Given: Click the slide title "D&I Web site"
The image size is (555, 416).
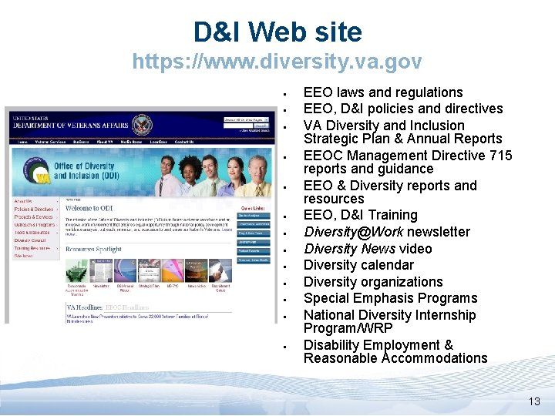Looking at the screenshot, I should click(x=277, y=32).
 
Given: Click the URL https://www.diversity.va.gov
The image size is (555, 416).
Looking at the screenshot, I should click(x=277, y=61).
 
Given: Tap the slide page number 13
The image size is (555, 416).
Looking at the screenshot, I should click(x=534, y=401).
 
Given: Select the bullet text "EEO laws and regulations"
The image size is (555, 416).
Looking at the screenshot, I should click(x=383, y=92).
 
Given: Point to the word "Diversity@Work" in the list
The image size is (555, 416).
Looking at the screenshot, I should click(x=353, y=232).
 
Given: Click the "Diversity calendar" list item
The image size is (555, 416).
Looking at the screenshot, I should click(x=358, y=265).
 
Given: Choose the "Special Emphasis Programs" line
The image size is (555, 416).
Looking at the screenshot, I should click(x=390, y=298).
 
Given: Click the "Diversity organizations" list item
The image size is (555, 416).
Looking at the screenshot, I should click(x=373, y=282).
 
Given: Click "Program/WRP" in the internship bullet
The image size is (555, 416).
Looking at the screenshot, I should click(x=348, y=328).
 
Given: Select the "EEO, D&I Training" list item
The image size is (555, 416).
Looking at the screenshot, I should click(x=360, y=215).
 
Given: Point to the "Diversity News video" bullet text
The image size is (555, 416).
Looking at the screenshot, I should click(x=368, y=249).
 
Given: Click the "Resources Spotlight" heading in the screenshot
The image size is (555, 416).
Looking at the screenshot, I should click(x=93, y=250).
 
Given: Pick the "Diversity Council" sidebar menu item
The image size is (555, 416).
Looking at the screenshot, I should click(x=31, y=240).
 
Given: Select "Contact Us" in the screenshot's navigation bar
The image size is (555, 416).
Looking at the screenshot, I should click(x=184, y=142).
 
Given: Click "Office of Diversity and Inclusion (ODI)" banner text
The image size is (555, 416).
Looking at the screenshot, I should click(x=85, y=170).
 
